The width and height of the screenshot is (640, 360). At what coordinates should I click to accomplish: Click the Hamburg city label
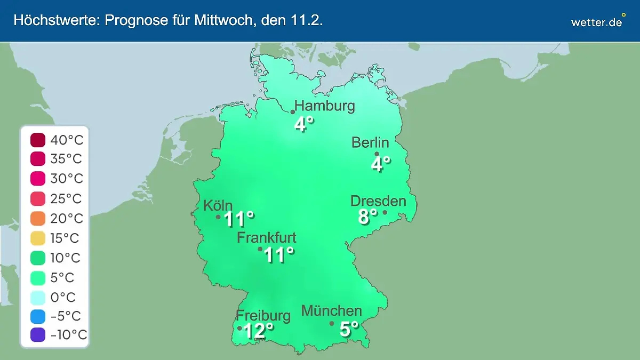click(x=325, y=106)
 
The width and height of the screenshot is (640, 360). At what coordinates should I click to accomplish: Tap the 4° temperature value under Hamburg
click(x=304, y=124)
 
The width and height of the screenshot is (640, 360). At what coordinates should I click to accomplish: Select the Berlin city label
click(x=370, y=142)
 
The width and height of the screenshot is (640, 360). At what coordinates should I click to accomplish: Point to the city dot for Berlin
click(x=377, y=154)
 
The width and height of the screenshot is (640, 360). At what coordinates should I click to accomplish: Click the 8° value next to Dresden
click(x=367, y=217)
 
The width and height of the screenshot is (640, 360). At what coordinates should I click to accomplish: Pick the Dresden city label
click(x=378, y=201)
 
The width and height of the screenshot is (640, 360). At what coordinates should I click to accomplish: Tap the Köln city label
click(x=218, y=205)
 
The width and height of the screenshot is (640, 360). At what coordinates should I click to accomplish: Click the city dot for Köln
click(x=218, y=217)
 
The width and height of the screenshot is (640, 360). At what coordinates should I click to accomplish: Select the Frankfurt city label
click(x=267, y=238)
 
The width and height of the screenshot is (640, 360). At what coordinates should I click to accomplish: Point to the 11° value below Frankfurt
click(x=279, y=255)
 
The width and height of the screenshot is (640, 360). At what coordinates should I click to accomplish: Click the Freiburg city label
click(x=263, y=315)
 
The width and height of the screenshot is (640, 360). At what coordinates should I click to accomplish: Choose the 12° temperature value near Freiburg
click(x=258, y=331)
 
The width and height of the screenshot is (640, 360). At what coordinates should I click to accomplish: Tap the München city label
click(x=332, y=310)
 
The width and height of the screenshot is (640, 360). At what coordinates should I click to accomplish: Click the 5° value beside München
click(x=349, y=329)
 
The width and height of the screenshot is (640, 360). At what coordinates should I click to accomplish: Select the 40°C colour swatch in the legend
click(x=38, y=140)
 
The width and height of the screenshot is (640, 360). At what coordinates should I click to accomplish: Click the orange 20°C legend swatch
click(x=38, y=219)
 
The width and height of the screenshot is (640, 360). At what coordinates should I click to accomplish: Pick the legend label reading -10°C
click(x=68, y=335)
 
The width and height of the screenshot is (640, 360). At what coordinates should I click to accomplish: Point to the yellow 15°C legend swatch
click(x=38, y=238)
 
